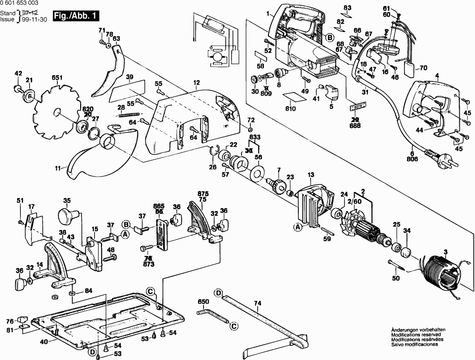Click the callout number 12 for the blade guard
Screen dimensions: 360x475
click(x=196, y=83)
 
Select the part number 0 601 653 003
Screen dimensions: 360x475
click(x=19, y=5)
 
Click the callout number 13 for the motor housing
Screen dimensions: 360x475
click(x=311, y=174)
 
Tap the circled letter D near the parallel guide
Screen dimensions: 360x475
click(x=218, y=293)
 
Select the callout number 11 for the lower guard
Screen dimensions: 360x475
click(x=59, y=167)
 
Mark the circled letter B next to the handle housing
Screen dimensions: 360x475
click(x=329, y=37)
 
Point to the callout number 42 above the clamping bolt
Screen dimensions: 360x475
click(x=19, y=74)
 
